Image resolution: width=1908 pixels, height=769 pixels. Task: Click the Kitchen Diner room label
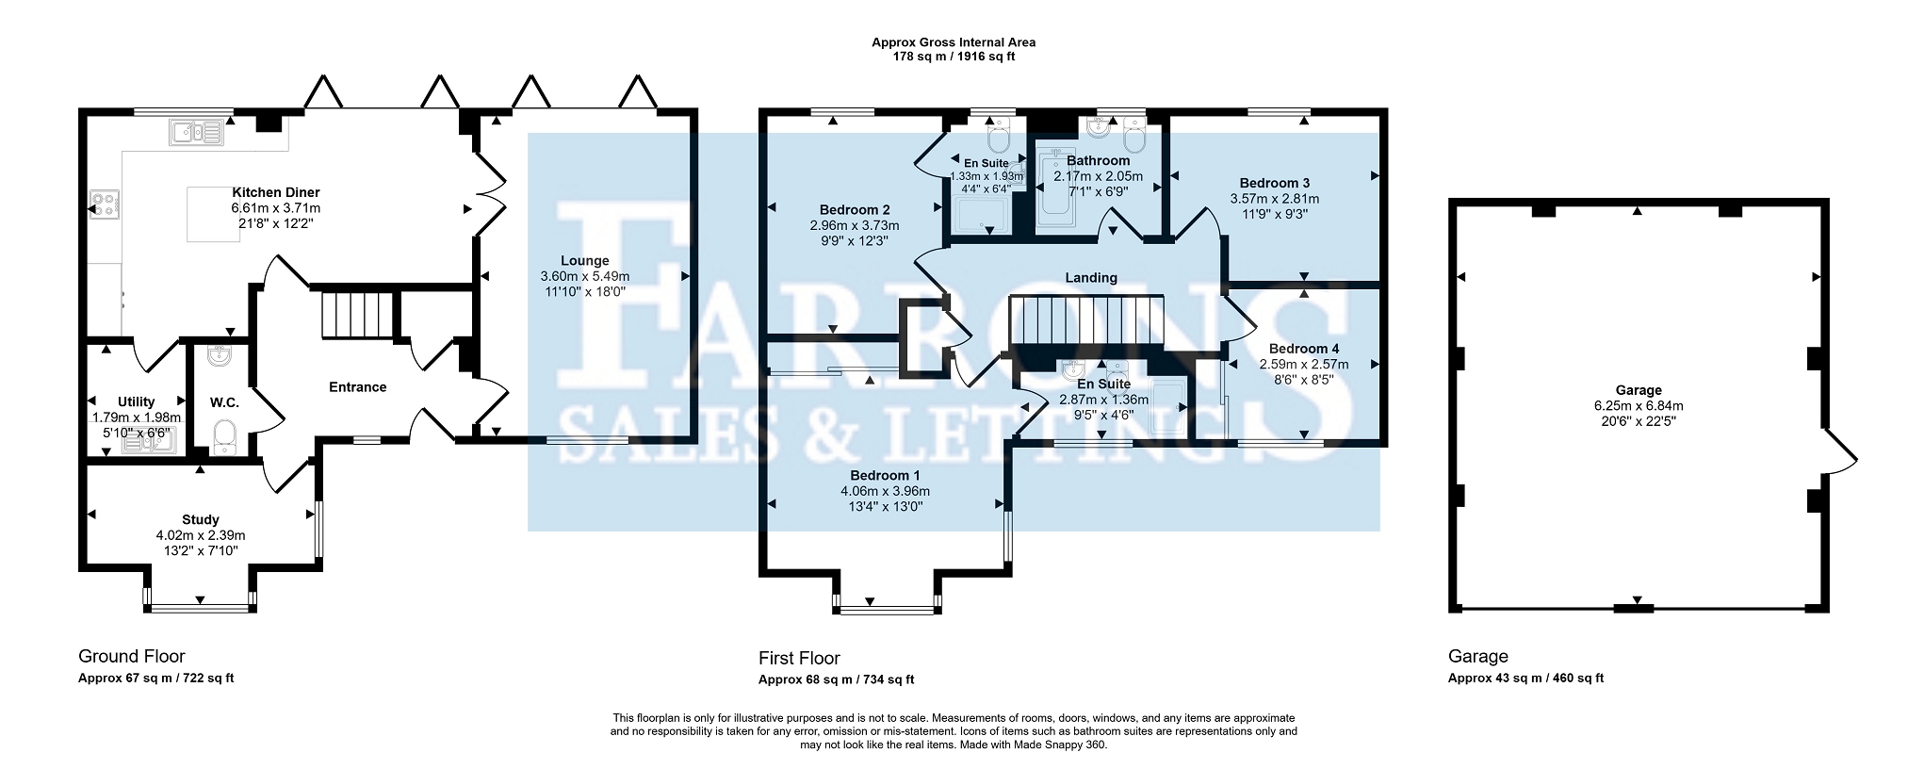(276, 193)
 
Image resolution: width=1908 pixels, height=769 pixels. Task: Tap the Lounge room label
(585, 261)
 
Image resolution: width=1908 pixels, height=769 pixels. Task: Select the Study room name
(201, 519)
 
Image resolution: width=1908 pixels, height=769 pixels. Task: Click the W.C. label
(224, 402)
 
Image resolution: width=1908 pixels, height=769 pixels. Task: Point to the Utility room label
(137, 402)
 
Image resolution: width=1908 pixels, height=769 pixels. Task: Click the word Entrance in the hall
(358, 386)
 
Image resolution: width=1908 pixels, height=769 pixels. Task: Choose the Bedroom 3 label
(1275, 183)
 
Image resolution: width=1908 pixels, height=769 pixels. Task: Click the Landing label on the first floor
(1091, 278)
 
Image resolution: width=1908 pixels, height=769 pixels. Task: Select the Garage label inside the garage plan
(1639, 390)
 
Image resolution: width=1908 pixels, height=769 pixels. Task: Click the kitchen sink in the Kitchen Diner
(196, 133)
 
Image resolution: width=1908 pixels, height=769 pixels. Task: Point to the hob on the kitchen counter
(103, 205)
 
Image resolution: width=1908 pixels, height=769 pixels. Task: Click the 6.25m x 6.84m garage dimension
(1639, 406)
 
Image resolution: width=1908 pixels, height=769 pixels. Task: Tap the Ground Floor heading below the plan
(132, 657)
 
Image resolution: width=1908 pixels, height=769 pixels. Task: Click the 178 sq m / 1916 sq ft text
(954, 57)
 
